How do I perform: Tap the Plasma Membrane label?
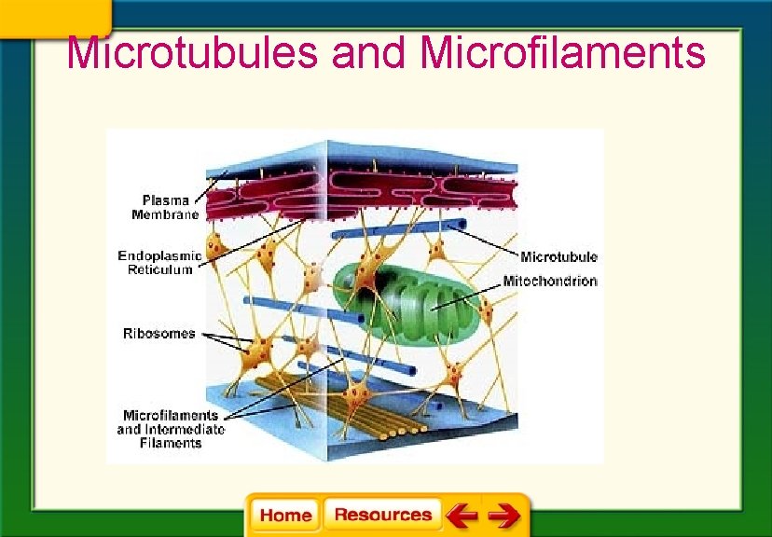(x=165, y=206)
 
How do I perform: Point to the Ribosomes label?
(x=159, y=333)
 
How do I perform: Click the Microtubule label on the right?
(x=558, y=257)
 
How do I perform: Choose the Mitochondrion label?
(x=550, y=281)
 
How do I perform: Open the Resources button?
(x=382, y=515)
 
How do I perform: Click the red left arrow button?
(x=462, y=515)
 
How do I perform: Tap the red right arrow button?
(x=504, y=515)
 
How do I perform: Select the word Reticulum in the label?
(x=160, y=269)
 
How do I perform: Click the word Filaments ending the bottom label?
(x=170, y=444)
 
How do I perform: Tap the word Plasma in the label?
(x=165, y=200)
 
